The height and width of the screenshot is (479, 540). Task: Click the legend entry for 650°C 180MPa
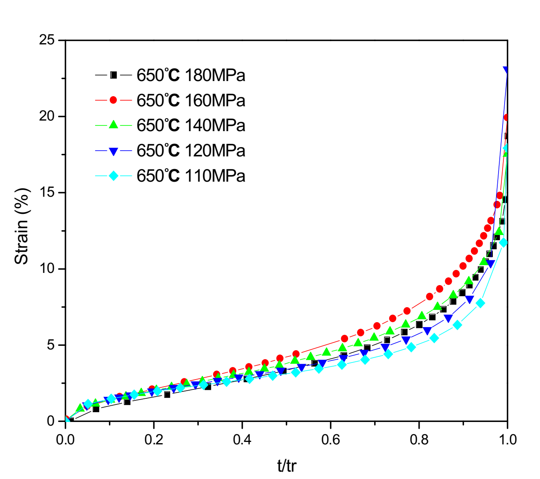pyautogui.click(x=191, y=75)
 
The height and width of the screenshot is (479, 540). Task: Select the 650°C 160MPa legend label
pyautogui.click(x=191, y=101)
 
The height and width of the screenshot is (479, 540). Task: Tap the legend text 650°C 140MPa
pyautogui.click(x=191, y=125)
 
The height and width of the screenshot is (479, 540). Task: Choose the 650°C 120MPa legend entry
pyautogui.click(x=191, y=151)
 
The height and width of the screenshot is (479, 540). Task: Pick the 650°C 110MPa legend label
pyautogui.click(x=191, y=176)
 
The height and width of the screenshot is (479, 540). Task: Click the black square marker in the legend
pyautogui.click(x=113, y=75)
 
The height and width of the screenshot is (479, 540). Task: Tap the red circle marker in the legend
pyautogui.click(x=113, y=100)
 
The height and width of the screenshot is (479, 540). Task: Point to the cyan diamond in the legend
pyautogui.click(x=113, y=176)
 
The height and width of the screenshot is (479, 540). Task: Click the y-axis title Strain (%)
pyautogui.click(x=22, y=226)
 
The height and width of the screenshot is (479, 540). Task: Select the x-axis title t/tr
pyautogui.click(x=287, y=465)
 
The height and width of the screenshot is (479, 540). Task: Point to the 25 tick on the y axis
pyautogui.click(x=47, y=40)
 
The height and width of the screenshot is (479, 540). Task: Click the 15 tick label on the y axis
pyautogui.click(x=47, y=192)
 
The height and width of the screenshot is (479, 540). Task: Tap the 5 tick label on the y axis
pyautogui.click(x=50, y=345)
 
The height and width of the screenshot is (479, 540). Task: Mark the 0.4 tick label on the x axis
pyautogui.click(x=242, y=439)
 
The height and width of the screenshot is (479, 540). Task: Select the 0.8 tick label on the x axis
pyautogui.click(x=419, y=439)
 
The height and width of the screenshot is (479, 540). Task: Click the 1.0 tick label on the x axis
pyautogui.click(x=507, y=439)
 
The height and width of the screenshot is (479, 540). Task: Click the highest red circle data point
pyautogui.click(x=507, y=118)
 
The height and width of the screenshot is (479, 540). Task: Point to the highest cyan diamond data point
pyautogui.click(x=506, y=148)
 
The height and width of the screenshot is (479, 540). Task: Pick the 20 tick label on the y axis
pyautogui.click(x=47, y=116)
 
